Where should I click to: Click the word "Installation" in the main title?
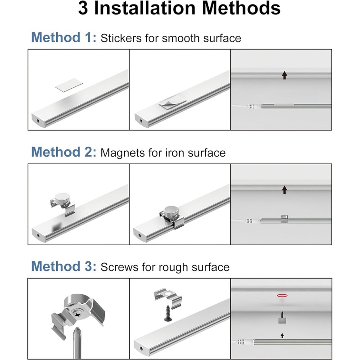pos(145,8)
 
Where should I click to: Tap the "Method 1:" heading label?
pos(63,37)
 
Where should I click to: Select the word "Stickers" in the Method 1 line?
pos(121,38)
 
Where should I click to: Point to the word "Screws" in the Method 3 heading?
pos(119,267)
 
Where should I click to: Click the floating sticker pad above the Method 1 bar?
pos(69,85)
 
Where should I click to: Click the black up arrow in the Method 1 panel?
pos(284,75)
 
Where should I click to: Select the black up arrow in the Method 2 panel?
pos(284,190)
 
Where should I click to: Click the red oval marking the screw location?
pos(282,295)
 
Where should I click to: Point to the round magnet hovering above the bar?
pos(62,198)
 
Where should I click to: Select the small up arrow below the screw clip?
pos(282,335)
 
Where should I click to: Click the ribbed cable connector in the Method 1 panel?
pos(252,107)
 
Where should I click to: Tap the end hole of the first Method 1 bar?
pos(37,121)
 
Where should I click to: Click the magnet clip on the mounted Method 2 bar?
pos(284,219)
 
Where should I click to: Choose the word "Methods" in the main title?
pos(241,8)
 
